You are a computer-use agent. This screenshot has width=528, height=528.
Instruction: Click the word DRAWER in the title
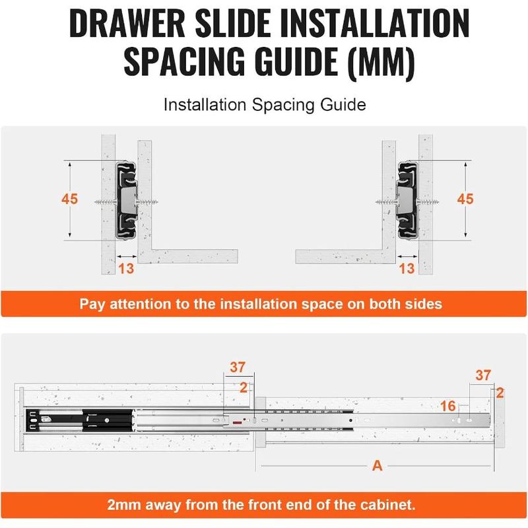[x=127, y=24]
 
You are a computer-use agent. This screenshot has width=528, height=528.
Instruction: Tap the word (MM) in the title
[x=381, y=61]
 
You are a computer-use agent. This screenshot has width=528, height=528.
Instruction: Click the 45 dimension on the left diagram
[x=70, y=199]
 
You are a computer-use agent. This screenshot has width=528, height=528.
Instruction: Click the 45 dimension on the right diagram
[x=465, y=199]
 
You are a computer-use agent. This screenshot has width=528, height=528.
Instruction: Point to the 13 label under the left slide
[x=126, y=269]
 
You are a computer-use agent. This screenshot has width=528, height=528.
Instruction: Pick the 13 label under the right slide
[x=407, y=269]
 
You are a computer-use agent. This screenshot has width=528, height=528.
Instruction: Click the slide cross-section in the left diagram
[x=127, y=201]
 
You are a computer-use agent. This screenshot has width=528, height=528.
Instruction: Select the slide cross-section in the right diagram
[x=407, y=201]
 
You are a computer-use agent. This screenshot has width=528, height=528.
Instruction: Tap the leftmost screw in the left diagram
[x=106, y=202]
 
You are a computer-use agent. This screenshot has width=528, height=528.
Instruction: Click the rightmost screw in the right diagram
[x=428, y=202]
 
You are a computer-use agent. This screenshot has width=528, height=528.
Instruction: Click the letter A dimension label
[x=377, y=466]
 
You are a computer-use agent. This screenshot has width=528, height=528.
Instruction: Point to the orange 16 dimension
[x=448, y=406]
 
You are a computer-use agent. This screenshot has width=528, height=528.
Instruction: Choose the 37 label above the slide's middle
[x=238, y=367]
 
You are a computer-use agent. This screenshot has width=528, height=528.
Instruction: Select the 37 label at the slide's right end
[x=483, y=375]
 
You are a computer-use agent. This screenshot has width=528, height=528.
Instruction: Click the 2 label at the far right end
[x=500, y=393]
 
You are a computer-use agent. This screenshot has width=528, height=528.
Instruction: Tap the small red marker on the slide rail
[x=238, y=422]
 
